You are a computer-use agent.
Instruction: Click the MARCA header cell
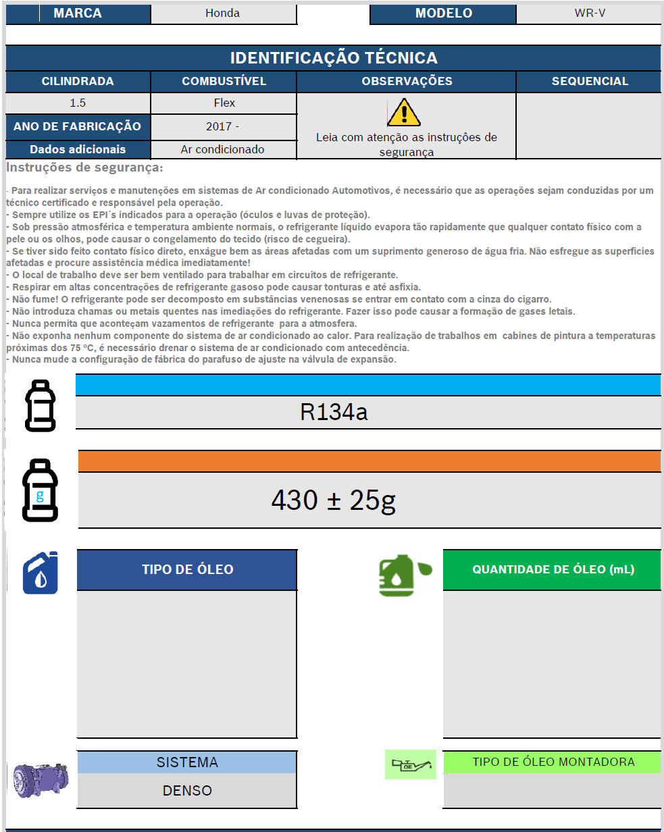click(78, 14)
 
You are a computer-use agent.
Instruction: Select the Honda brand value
click(223, 14)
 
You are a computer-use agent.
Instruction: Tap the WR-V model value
click(590, 14)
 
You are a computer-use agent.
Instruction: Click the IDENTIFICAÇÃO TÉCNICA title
click(333, 58)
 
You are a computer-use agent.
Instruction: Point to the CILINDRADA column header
click(78, 82)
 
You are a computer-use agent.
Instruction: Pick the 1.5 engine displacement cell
click(78, 103)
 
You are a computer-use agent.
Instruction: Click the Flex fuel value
click(224, 103)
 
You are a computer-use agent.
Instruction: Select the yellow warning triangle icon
click(404, 113)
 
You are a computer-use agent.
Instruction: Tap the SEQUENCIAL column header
click(590, 82)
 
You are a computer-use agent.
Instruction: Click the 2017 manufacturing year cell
click(224, 126)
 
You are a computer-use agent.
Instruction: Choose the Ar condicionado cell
click(223, 149)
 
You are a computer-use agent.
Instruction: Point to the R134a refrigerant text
click(334, 412)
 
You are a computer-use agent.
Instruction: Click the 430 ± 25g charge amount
click(333, 500)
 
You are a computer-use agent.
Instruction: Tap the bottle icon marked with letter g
click(41, 490)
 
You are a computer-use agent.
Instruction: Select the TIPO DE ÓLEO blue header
click(187, 569)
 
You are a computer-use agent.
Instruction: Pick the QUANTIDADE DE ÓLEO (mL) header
click(553, 569)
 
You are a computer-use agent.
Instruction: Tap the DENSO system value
click(187, 790)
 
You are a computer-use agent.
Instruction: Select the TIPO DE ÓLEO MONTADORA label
click(553, 762)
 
